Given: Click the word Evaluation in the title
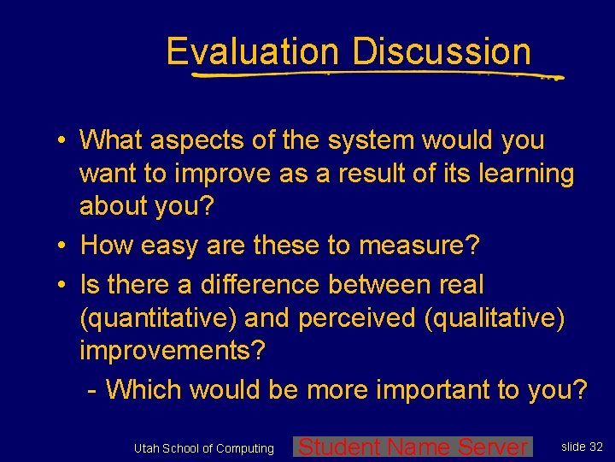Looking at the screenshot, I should pyautogui.click(x=253, y=52).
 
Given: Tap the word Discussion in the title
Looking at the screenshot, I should pyautogui.click(x=442, y=52).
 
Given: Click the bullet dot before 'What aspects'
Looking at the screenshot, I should pyautogui.click(x=64, y=139).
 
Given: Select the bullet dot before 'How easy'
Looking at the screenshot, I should pyautogui.click(x=64, y=247).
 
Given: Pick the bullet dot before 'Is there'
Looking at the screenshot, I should pyautogui.click(x=64, y=283).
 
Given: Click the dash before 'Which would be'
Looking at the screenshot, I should pyautogui.click(x=92, y=390).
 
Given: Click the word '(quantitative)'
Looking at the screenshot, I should pyautogui.click(x=158, y=319).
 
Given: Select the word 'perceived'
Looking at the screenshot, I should pyautogui.click(x=356, y=319).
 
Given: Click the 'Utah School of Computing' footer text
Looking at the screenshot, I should pyautogui.click(x=203, y=448).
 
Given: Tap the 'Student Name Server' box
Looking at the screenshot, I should pyautogui.click(x=413, y=447).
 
